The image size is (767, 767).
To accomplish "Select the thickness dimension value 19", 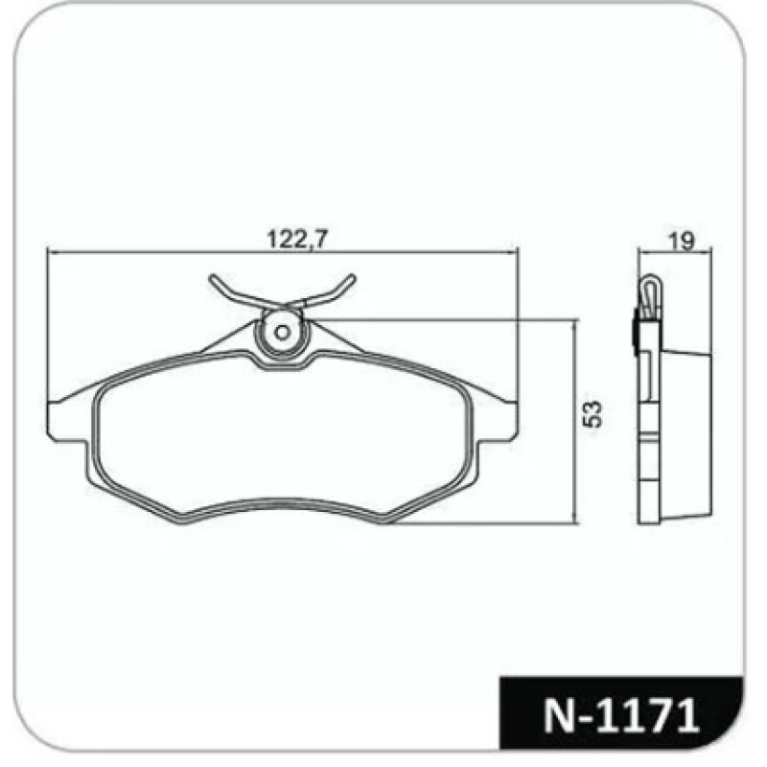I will coord(682,241).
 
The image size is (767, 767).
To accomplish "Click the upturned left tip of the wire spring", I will coord(213,279).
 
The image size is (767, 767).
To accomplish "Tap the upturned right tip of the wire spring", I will coord(351,278).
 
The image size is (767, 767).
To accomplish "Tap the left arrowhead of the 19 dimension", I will coord(642,253).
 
